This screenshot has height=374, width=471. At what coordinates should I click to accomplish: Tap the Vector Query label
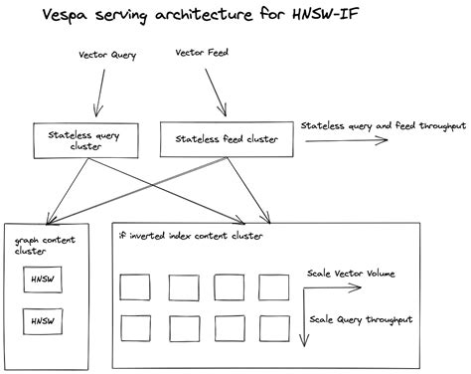click(x=109, y=56)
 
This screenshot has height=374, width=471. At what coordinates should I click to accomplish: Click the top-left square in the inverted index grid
click(x=135, y=287)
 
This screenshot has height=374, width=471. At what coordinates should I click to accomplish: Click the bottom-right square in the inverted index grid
click(x=273, y=327)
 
